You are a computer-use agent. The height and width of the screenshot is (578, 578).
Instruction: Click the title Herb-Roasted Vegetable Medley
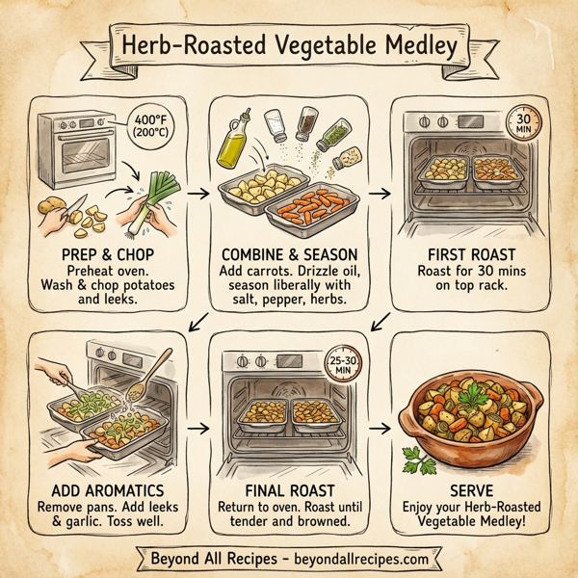288,45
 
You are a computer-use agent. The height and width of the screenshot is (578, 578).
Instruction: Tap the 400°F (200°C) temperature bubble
151,127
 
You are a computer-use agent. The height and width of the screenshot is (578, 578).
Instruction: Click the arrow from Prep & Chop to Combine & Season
197,194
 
